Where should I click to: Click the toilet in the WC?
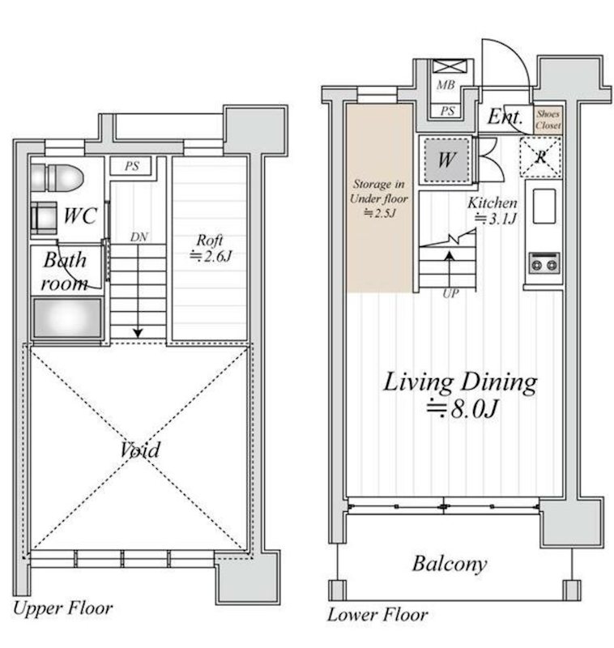coord(57,178)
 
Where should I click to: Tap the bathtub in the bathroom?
coord(67,318)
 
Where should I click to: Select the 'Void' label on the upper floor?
coord(140,450)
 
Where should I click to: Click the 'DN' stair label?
coord(139,237)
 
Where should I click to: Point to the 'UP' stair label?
coord(451,293)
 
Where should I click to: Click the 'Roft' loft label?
coord(210,240)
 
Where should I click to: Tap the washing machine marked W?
coord(446,160)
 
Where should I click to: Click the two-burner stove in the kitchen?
coord(544,263)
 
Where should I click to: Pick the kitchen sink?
coord(544,207)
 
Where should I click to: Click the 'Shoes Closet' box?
coord(548,119)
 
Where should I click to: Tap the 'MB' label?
coord(446,85)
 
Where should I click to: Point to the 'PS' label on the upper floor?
coord(132,166)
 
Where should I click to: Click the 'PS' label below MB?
coord(447,111)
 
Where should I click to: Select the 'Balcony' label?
coord(450,564)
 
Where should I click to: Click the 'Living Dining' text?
coord(460,383)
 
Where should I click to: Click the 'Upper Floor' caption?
coord(62,609)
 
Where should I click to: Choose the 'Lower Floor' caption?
coord(377,615)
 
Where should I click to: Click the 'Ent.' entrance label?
coord(505,117)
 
